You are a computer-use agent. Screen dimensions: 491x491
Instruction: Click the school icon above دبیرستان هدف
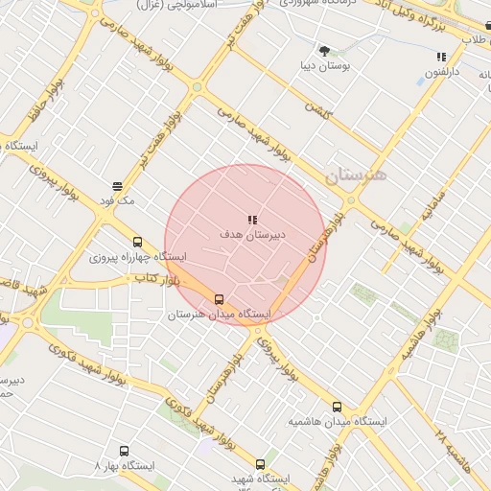click(x=252, y=220)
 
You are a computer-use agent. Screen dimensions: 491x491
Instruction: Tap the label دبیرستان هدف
click(x=252, y=234)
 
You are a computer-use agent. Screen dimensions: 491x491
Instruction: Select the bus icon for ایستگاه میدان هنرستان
click(x=220, y=299)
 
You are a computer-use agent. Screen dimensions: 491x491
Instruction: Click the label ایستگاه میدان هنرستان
click(x=220, y=315)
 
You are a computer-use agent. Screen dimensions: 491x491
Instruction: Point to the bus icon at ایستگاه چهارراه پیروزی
click(x=137, y=243)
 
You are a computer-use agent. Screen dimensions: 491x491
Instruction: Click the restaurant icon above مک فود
click(x=117, y=186)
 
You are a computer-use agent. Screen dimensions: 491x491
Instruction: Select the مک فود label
click(x=117, y=200)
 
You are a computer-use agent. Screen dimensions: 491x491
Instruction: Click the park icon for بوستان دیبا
click(x=323, y=50)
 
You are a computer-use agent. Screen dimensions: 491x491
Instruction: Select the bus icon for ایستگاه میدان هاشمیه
click(x=336, y=407)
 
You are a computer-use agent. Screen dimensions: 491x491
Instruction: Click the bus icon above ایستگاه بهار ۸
click(x=124, y=450)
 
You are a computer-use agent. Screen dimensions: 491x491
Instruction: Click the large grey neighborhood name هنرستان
click(x=354, y=175)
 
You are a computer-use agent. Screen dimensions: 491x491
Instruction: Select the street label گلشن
click(x=317, y=110)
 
